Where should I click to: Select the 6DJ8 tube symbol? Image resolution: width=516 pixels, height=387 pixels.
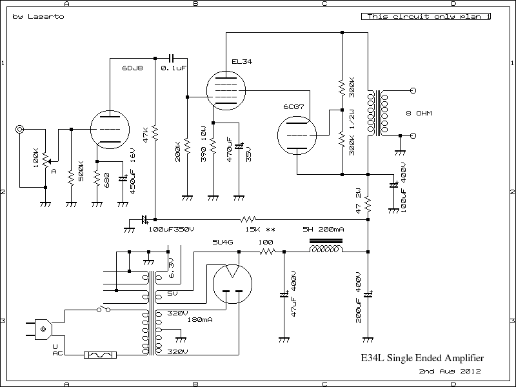coord(106,129)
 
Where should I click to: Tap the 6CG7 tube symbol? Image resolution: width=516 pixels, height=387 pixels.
coord(295,137)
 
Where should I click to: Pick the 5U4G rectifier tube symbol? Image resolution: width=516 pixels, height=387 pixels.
coord(232,283)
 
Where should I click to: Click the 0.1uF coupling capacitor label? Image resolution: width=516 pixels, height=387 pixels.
coord(174,68)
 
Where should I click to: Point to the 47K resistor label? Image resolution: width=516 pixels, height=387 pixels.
coord(147,136)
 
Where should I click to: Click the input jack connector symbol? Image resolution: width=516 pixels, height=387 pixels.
coord(21,130)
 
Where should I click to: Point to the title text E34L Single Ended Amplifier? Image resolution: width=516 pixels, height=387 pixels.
coord(422,357)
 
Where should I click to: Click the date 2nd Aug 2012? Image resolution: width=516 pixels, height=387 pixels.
coord(450,372)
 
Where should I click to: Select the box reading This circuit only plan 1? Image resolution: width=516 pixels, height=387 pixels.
coord(425,17)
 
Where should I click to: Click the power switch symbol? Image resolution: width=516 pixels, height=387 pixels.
coord(103,310)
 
